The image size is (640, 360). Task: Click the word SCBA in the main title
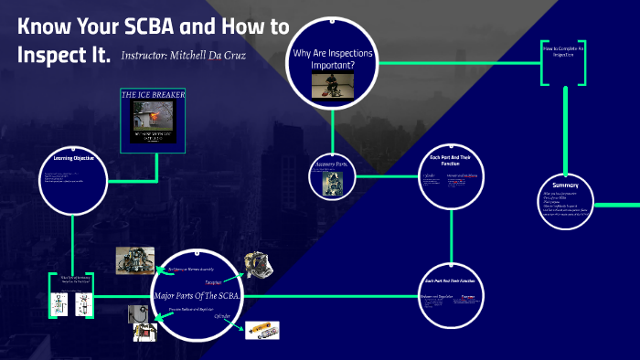(x=148, y=26)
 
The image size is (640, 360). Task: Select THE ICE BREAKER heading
(x=153, y=94)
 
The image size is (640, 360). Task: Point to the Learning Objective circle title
(x=73, y=159)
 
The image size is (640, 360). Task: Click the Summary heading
(x=566, y=185)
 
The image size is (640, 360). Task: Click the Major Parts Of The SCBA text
(x=197, y=294)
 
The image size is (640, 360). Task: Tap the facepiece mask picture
(x=257, y=266)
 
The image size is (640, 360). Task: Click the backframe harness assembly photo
(x=134, y=260)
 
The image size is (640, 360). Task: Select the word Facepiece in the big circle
(x=215, y=282)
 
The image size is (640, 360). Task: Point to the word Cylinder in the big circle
(x=222, y=316)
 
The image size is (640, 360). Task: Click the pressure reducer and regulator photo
(x=144, y=323)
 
